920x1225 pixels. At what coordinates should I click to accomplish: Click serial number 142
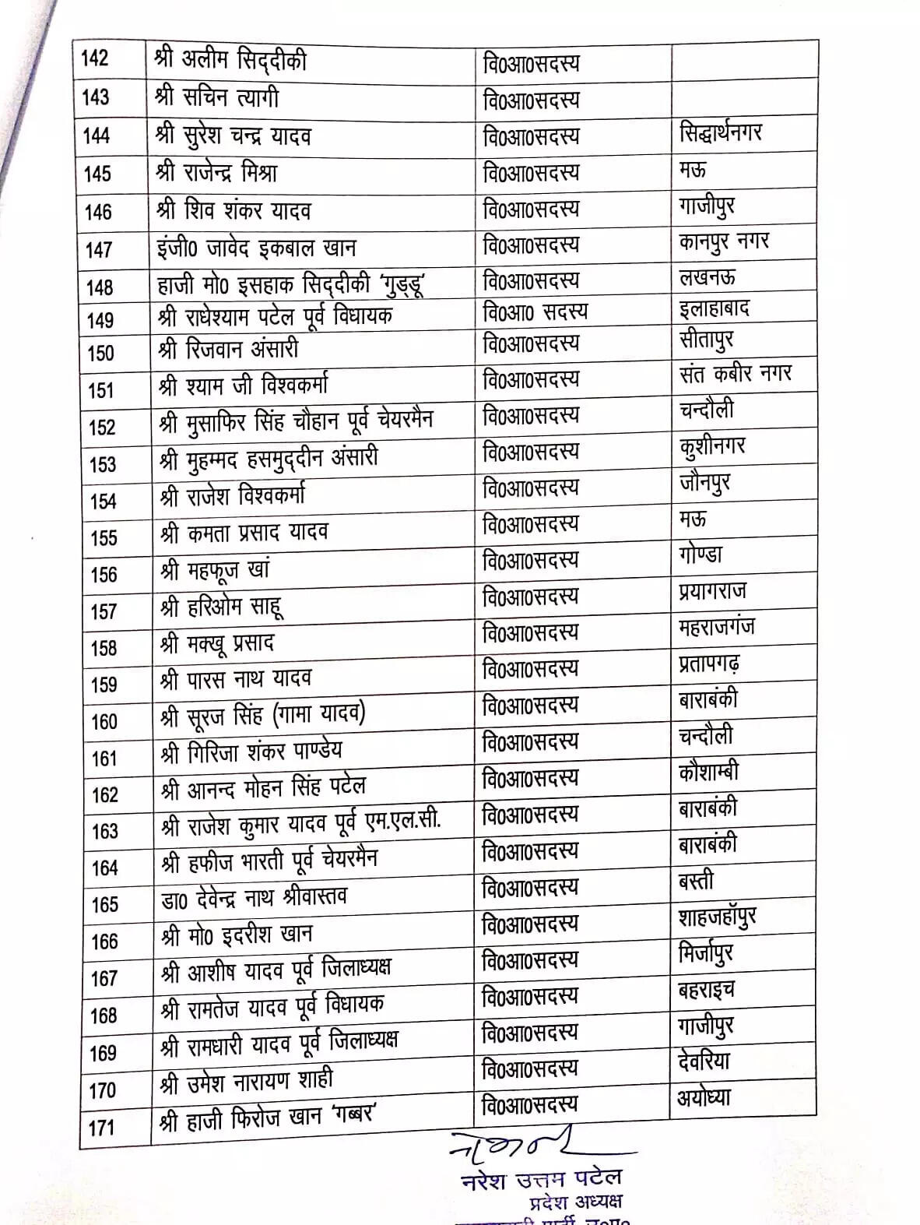pos(96,59)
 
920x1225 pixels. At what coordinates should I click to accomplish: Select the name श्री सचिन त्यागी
pos(217,98)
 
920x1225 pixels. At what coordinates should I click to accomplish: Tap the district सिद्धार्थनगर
pos(720,134)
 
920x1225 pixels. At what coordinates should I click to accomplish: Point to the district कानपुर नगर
pos(723,242)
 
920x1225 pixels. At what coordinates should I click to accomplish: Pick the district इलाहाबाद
pos(714,308)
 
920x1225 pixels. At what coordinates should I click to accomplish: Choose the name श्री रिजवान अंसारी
pos(228,350)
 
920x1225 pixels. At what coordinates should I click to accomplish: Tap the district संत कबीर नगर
pos(735,375)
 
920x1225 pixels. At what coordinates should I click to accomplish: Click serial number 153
pos(103,465)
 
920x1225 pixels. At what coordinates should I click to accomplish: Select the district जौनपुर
pos(704,484)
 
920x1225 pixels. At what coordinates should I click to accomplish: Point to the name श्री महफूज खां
pos(214,570)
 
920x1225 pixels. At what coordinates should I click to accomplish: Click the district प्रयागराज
pos(711,591)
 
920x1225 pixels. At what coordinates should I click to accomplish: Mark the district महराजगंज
pos(716,627)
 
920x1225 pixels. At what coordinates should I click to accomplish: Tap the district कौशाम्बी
pos(708,773)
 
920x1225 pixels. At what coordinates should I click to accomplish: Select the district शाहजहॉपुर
pos(717,917)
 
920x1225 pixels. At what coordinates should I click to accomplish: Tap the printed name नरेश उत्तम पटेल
pos(542,1180)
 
